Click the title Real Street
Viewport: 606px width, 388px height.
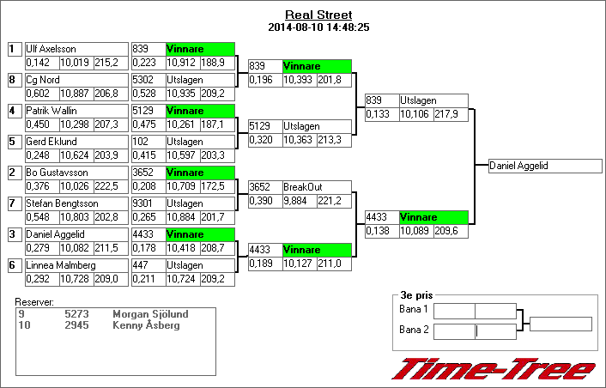click(318, 15)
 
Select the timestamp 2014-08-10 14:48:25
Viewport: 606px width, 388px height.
click(318, 27)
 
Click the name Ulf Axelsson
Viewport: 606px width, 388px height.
click(52, 50)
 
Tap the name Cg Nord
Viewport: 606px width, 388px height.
click(43, 80)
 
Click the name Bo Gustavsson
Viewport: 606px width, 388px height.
click(55, 173)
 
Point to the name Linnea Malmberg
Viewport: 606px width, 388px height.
click(58, 265)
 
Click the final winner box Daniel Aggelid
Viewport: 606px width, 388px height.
click(545, 166)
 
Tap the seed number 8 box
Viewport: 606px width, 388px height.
click(13, 80)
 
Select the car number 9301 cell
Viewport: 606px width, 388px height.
click(147, 203)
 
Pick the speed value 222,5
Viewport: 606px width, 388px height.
click(106, 186)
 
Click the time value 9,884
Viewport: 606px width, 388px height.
click(299, 200)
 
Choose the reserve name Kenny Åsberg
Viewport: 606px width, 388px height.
click(146, 325)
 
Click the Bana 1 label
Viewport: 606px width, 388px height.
click(413, 309)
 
